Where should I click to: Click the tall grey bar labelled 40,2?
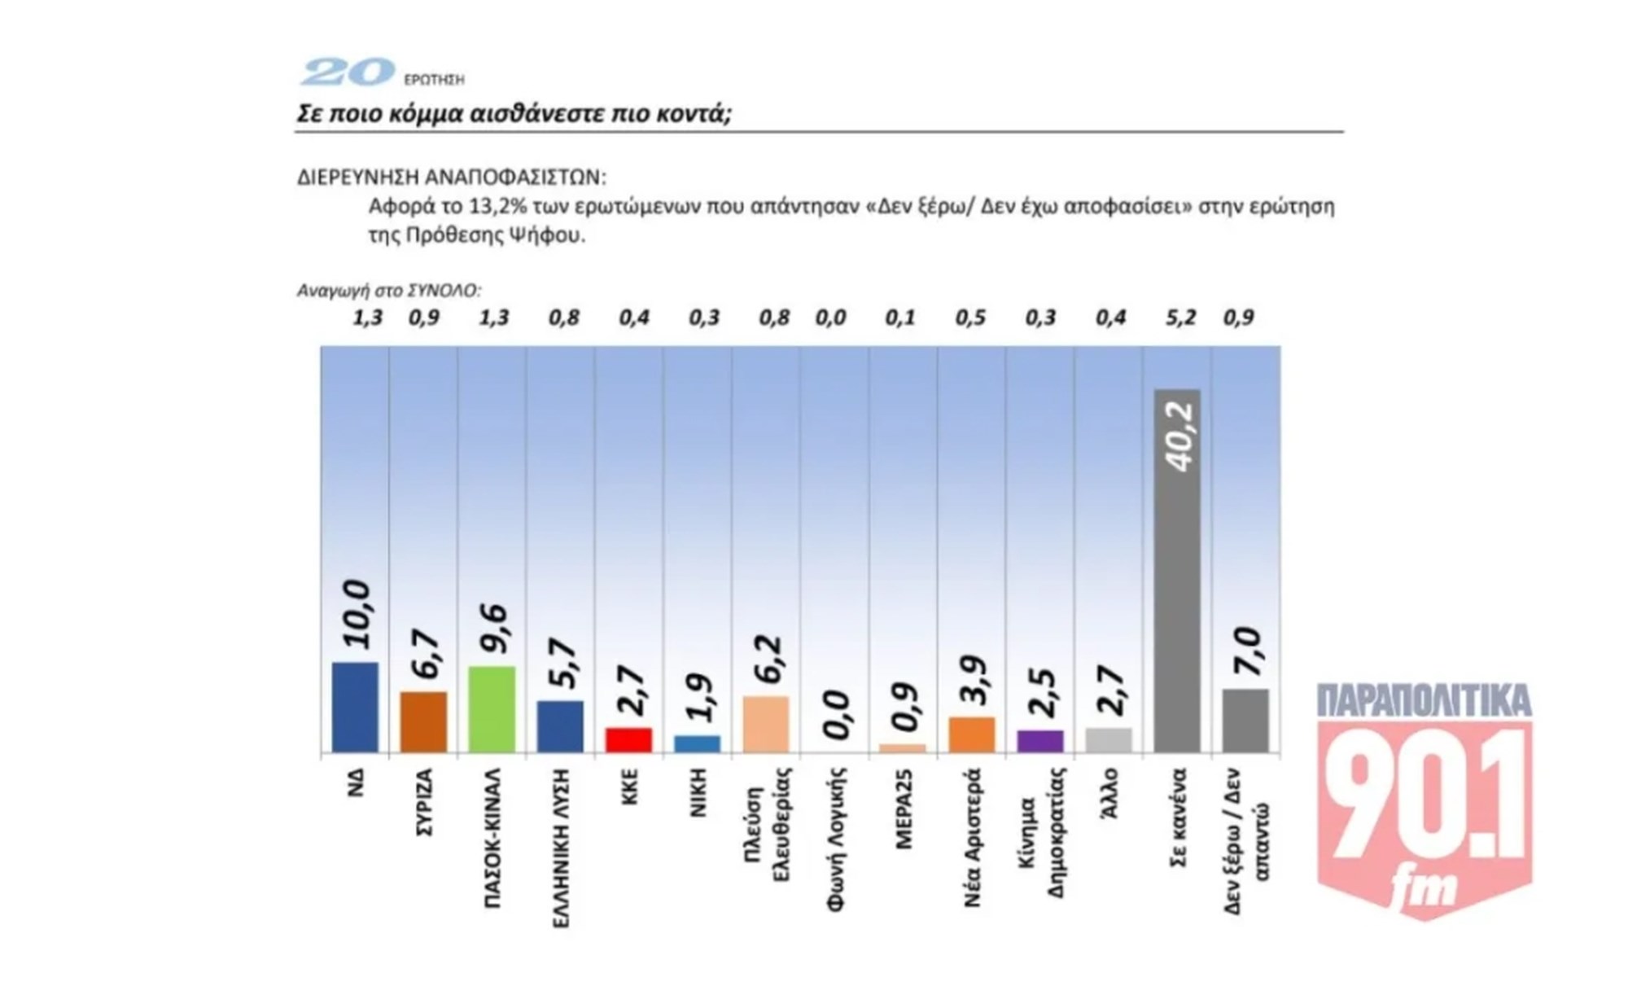click(x=1177, y=570)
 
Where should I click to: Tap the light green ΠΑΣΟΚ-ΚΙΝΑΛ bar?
click(x=492, y=709)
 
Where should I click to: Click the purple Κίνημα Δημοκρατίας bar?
click(x=1040, y=741)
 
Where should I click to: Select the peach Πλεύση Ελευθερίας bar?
click(x=766, y=724)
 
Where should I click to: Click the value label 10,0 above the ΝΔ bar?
click(x=356, y=615)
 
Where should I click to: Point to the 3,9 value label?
click(x=973, y=680)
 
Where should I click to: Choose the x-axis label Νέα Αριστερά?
click(x=973, y=838)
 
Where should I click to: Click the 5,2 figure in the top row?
click(x=1180, y=318)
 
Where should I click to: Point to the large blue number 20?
click(x=348, y=73)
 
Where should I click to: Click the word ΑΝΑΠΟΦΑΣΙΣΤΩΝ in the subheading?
click(x=515, y=178)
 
